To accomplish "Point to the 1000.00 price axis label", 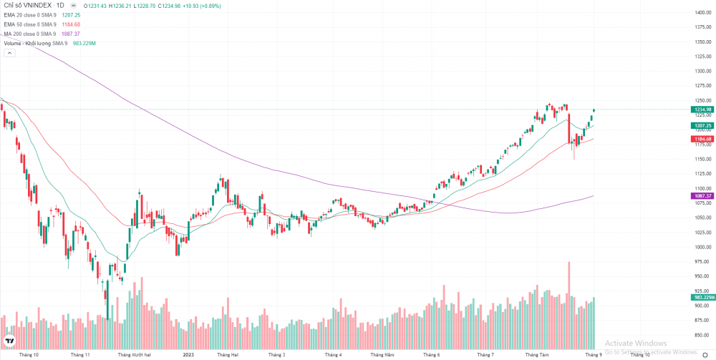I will tap(702, 247).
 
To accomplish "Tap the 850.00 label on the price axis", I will tap(702, 335).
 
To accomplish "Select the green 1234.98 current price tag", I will tap(701, 110).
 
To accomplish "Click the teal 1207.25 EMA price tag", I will tap(701, 125).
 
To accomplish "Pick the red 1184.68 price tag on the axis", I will tap(701, 139).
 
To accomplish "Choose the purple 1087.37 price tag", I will tap(701, 195).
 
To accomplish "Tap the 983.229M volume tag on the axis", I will tap(702, 297).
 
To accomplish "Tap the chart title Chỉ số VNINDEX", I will tap(28, 5).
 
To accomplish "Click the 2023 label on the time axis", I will tap(188, 354).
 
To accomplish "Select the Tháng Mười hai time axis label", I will tap(133, 354).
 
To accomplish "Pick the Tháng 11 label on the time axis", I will tap(80, 354).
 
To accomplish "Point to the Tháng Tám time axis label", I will tap(537, 354).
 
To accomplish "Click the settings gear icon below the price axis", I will tap(705, 354).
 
